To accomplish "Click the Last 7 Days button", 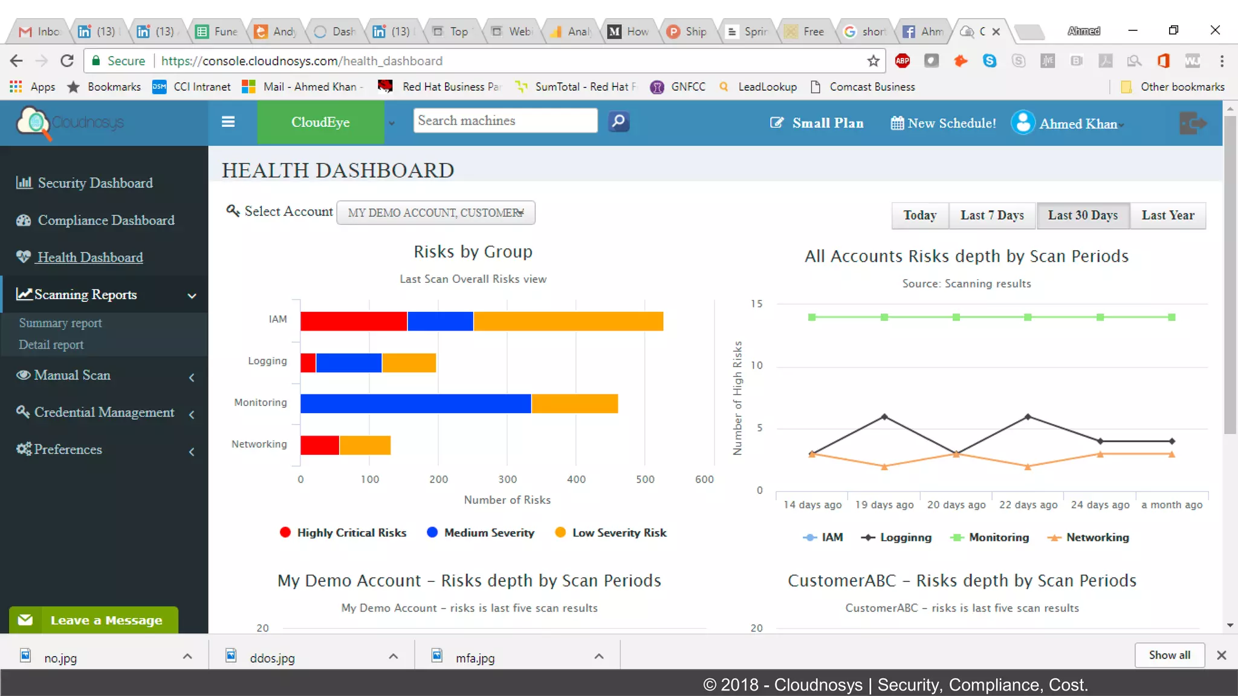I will pyautogui.click(x=992, y=216).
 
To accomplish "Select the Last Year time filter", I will pyautogui.click(x=1167, y=216).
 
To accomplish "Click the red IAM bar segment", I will pyautogui.click(x=353, y=321).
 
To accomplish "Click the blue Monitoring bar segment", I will pyautogui.click(x=415, y=404).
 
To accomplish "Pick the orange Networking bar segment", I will pyautogui.click(x=365, y=445).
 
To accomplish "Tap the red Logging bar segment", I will pyautogui.click(x=308, y=363).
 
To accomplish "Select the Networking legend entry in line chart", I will pyautogui.click(x=1088, y=538).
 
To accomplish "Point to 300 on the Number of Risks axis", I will pyautogui.click(x=507, y=479).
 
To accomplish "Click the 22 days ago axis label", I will pyautogui.click(x=1028, y=504).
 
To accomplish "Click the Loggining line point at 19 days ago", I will pyautogui.click(x=884, y=417).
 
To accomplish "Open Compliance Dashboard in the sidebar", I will pyautogui.click(x=106, y=221).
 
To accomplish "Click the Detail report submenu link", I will pyautogui.click(x=51, y=345).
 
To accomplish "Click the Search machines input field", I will pyautogui.click(x=505, y=121).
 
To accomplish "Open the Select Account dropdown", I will pyautogui.click(x=435, y=213).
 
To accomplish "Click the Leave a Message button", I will pyautogui.click(x=94, y=620).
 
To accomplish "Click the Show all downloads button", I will pyautogui.click(x=1168, y=656).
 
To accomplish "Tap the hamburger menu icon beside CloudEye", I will pyautogui.click(x=228, y=122).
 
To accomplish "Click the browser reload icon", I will pyautogui.click(x=67, y=61).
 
